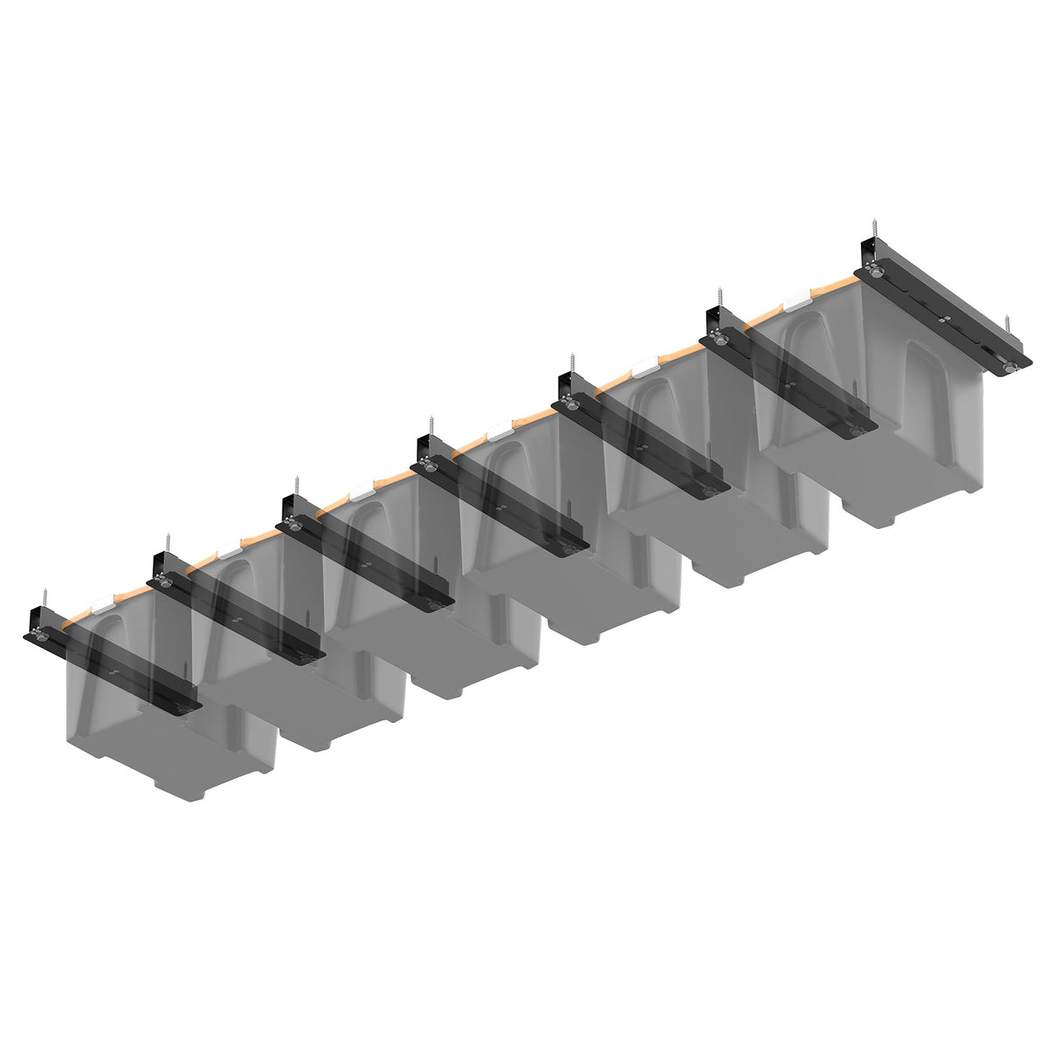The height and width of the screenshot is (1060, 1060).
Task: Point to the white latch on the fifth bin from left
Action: point(647,368)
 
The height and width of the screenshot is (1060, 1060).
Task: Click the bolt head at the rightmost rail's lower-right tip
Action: point(1010,369)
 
